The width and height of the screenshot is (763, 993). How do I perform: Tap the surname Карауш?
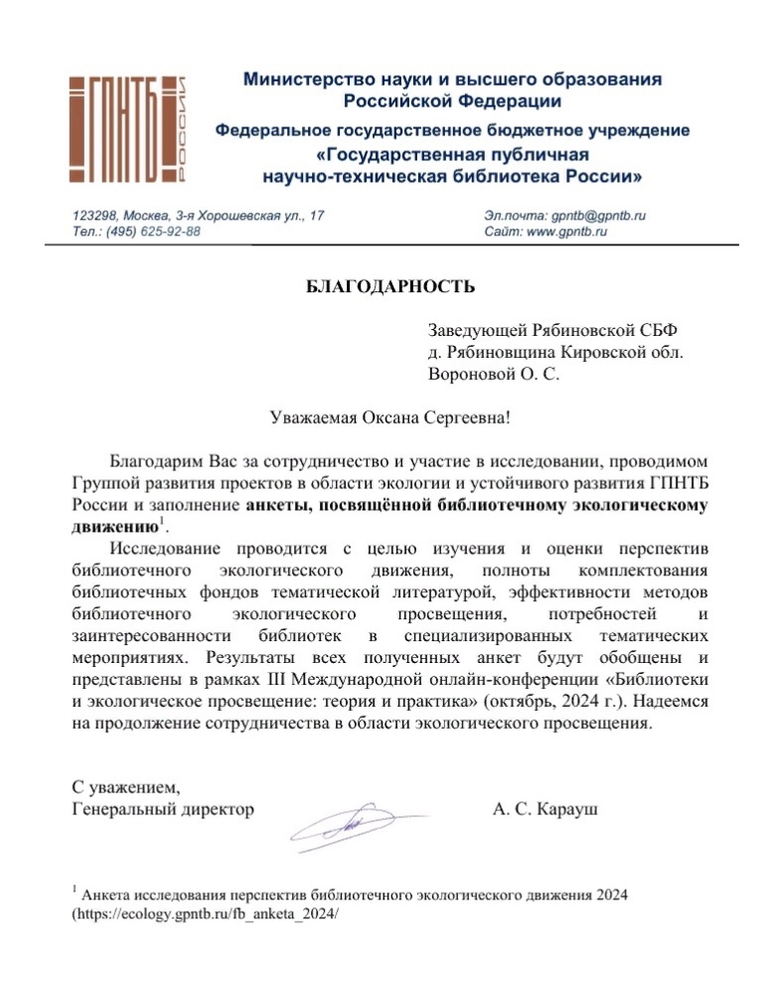tap(570, 809)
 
